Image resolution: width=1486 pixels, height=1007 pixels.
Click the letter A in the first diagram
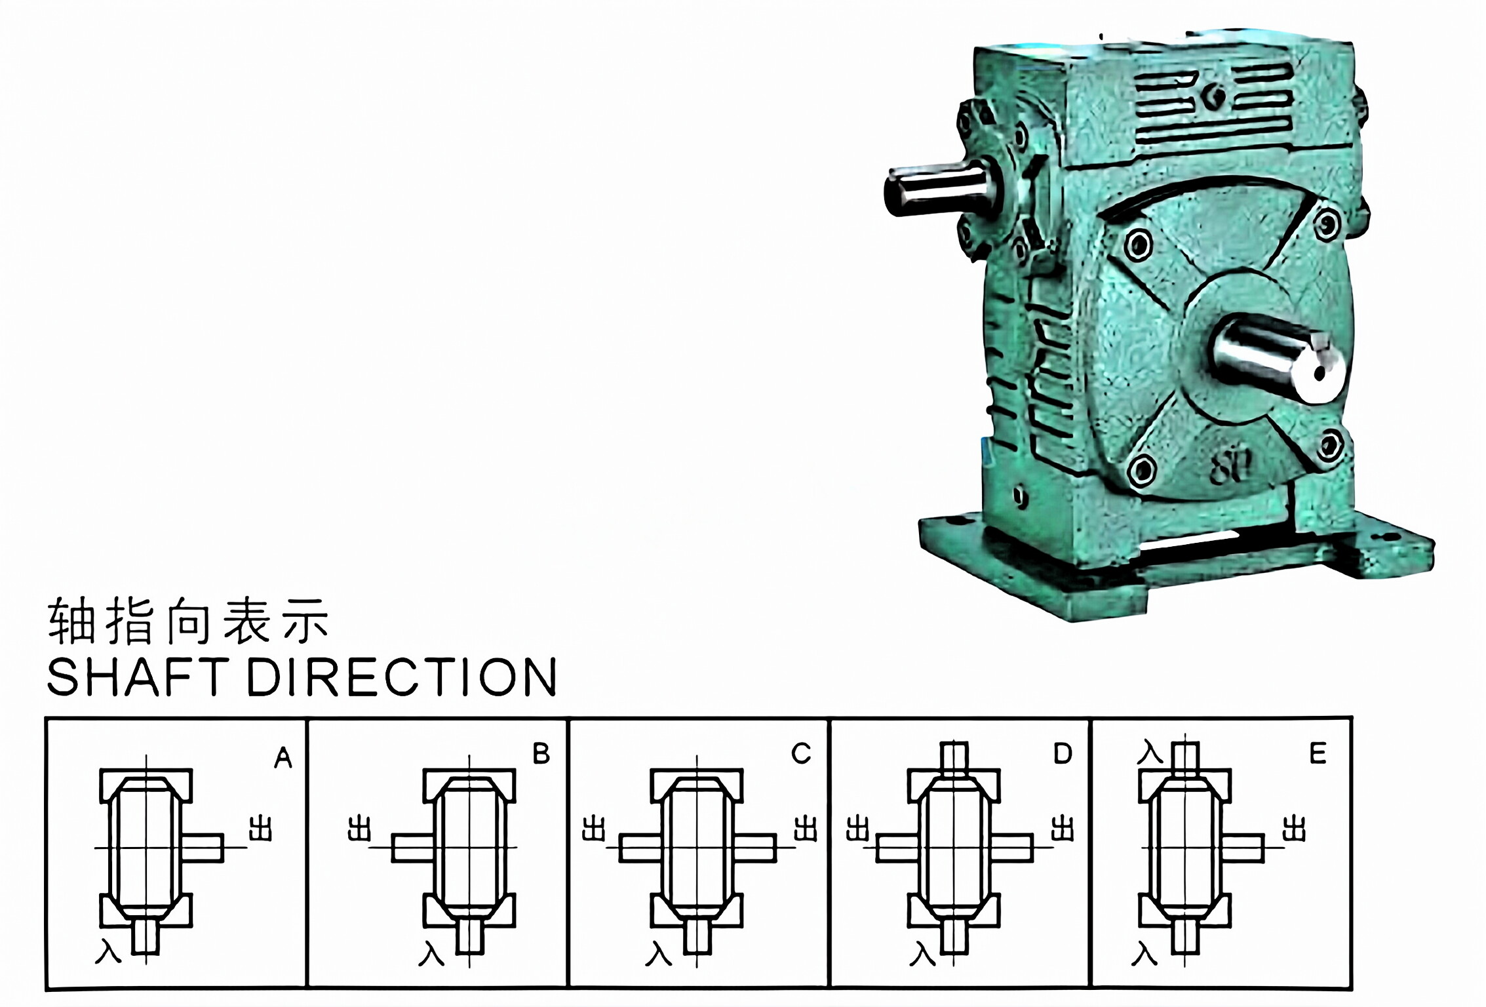coord(283,758)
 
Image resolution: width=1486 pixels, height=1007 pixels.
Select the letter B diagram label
coord(541,754)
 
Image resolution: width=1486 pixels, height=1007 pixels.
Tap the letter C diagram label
coord(801,754)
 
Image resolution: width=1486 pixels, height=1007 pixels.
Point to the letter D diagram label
coord(1062,754)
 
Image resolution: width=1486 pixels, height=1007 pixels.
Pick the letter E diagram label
coord(1318,754)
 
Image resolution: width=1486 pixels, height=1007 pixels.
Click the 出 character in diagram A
coord(260,829)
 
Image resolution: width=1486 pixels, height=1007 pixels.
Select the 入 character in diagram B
coord(431,953)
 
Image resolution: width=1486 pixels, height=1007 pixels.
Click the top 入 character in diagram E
coord(1150,752)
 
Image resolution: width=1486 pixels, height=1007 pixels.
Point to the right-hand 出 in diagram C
coord(805,829)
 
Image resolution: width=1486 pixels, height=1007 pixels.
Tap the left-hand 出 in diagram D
coord(857,829)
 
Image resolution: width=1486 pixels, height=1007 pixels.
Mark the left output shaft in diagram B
coord(413,848)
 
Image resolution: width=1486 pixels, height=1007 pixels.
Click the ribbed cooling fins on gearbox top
coord(1213,105)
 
